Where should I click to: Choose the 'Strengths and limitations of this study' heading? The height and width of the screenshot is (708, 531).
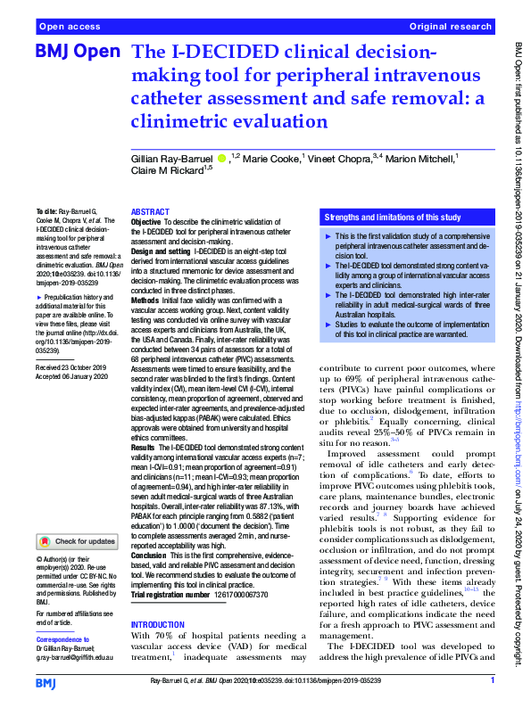[x=393, y=217]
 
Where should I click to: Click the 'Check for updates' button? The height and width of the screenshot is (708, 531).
[x=78, y=541]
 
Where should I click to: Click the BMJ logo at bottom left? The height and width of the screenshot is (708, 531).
[x=47, y=683]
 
